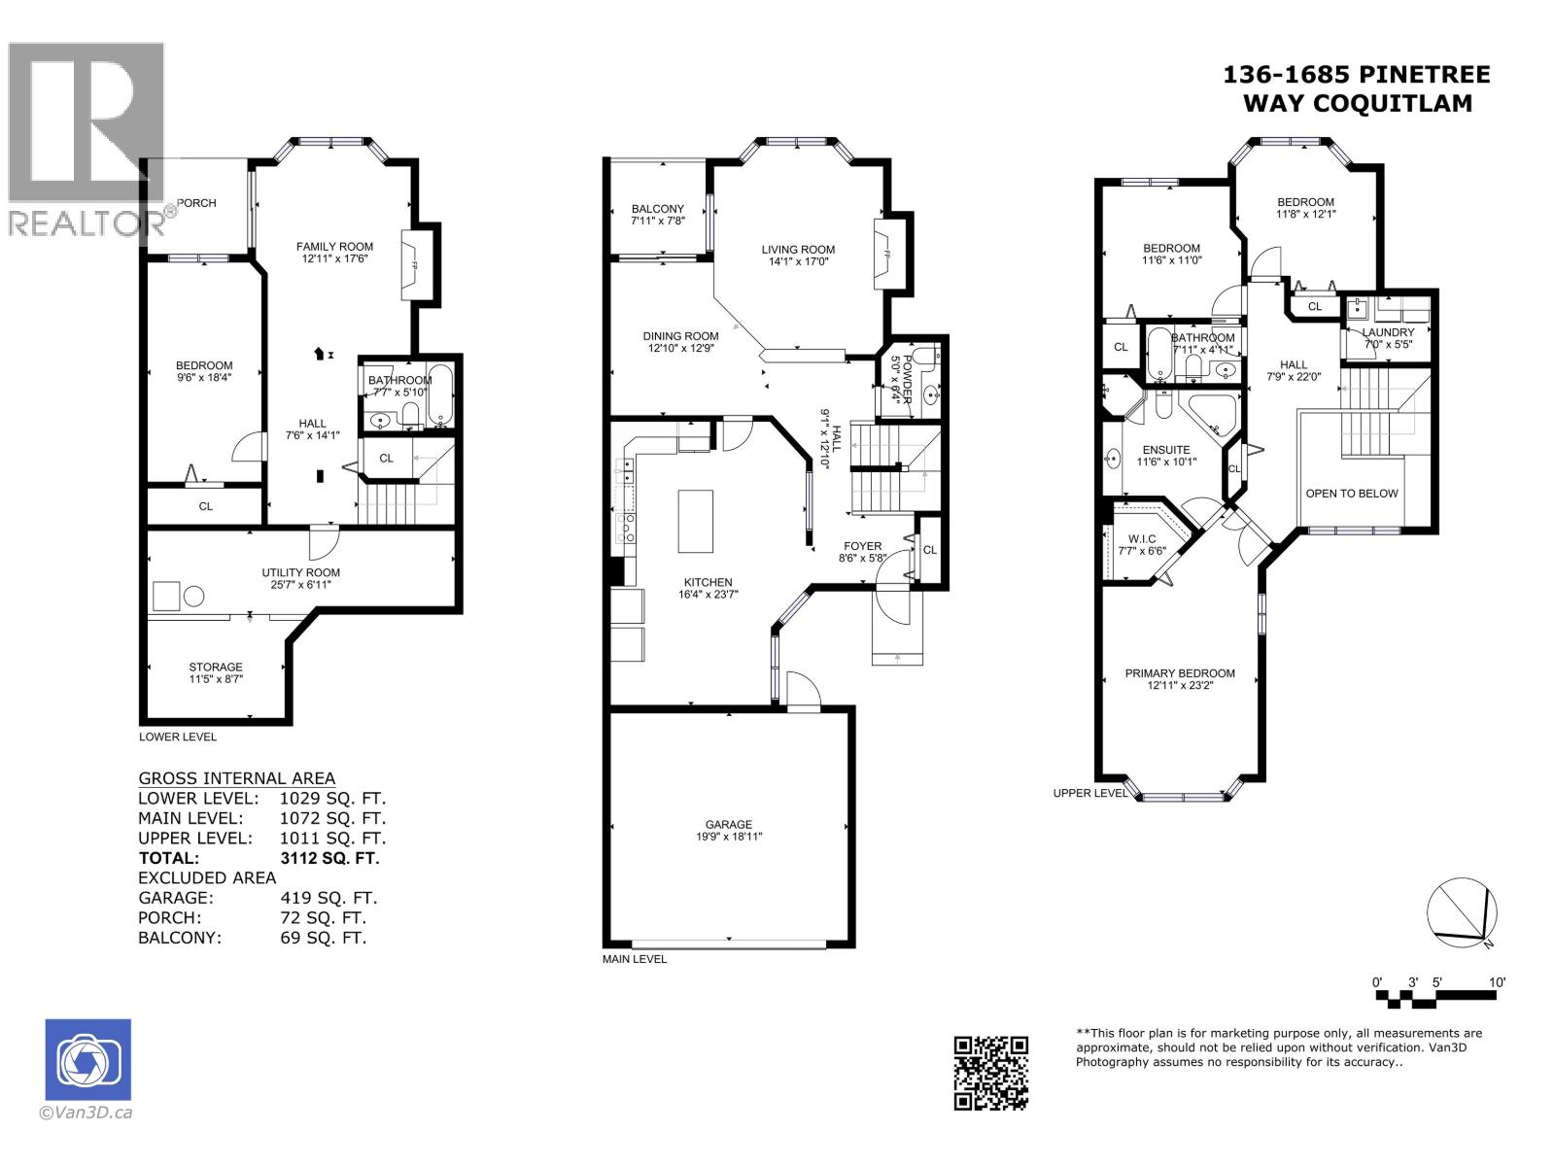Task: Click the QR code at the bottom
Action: (x=990, y=1072)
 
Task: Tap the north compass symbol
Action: (x=1462, y=912)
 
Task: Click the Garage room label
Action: (x=729, y=825)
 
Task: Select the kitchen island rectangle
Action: (x=695, y=522)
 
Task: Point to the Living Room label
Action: (x=798, y=250)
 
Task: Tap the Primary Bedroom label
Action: (x=1180, y=673)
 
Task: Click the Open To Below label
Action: (x=1351, y=494)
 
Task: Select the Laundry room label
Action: (x=1388, y=332)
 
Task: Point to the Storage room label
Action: (x=216, y=668)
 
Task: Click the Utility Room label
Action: (x=300, y=573)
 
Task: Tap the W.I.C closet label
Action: (x=1142, y=538)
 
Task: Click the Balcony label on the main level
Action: (x=658, y=209)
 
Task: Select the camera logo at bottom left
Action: (x=88, y=1059)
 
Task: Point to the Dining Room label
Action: (x=680, y=336)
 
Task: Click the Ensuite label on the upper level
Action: (x=1166, y=450)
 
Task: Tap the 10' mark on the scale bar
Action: (x=1497, y=982)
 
